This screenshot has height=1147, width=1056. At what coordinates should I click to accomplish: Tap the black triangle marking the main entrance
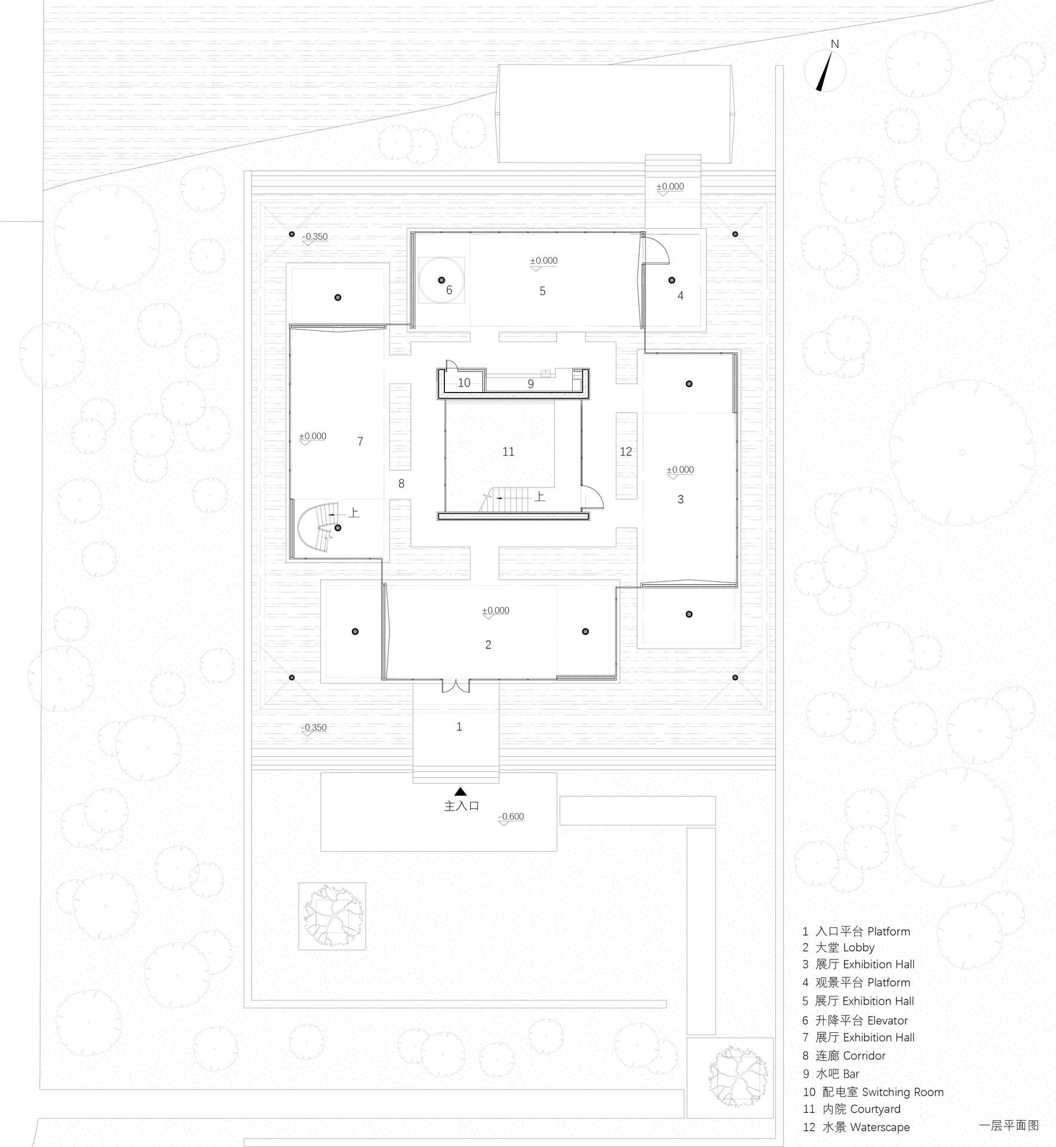click(x=460, y=792)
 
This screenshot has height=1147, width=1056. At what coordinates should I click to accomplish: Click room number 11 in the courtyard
click(x=508, y=452)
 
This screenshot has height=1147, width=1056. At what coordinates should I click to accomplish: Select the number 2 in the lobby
click(x=488, y=645)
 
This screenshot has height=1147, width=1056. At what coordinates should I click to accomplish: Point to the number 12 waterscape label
click(x=625, y=452)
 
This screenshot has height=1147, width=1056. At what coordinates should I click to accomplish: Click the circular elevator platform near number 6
click(x=441, y=280)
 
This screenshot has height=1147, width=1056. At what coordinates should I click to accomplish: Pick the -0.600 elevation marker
click(x=511, y=818)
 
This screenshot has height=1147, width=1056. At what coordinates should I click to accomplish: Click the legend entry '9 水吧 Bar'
click(x=831, y=1074)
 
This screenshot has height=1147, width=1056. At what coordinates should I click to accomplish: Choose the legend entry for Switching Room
click(x=873, y=1092)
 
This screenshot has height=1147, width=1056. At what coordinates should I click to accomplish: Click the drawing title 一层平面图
click(x=1009, y=1125)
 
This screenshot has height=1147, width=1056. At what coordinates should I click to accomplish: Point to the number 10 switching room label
click(x=464, y=383)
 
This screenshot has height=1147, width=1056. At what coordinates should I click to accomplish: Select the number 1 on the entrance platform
click(x=459, y=726)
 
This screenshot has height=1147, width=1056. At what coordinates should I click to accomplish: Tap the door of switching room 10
click(x=452, y=366)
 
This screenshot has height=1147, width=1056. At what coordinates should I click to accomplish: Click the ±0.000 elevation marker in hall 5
click(x=544, y=263)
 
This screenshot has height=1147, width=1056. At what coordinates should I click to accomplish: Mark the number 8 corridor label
click(x=401, y=483)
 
